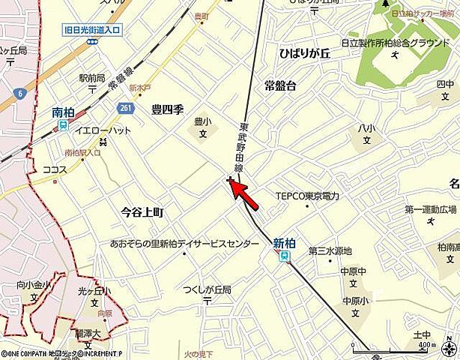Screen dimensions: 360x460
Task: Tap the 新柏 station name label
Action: pos(284,243)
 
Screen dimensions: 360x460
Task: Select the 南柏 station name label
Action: pos(63,112)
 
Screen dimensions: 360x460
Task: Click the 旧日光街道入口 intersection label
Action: pos(94,31)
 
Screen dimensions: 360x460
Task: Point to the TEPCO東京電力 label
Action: pos(307,196)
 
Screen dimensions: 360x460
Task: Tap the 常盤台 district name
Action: pos(279,85)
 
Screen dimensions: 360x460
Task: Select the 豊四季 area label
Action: pos(167,108)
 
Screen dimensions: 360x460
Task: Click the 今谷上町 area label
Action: pos(142,213)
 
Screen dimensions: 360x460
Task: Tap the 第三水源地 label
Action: pos(330,250)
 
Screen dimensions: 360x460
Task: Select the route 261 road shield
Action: pos(125,109)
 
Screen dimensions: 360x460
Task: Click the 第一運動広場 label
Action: pos(430,208)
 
